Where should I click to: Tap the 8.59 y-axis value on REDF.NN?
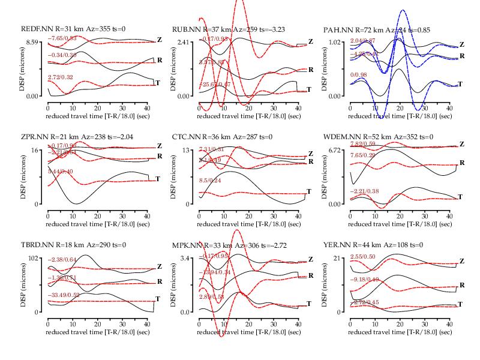(32, 42)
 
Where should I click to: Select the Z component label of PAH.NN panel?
(461, 44)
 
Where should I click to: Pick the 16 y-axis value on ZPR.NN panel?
(36, 150)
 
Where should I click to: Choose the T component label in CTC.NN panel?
(309, 191)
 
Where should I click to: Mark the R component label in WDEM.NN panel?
(461, 163)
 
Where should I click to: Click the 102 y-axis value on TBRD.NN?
(34, 258)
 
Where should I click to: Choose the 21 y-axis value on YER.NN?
(338, 258)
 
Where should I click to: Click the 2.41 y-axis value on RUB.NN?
(184, 42)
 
